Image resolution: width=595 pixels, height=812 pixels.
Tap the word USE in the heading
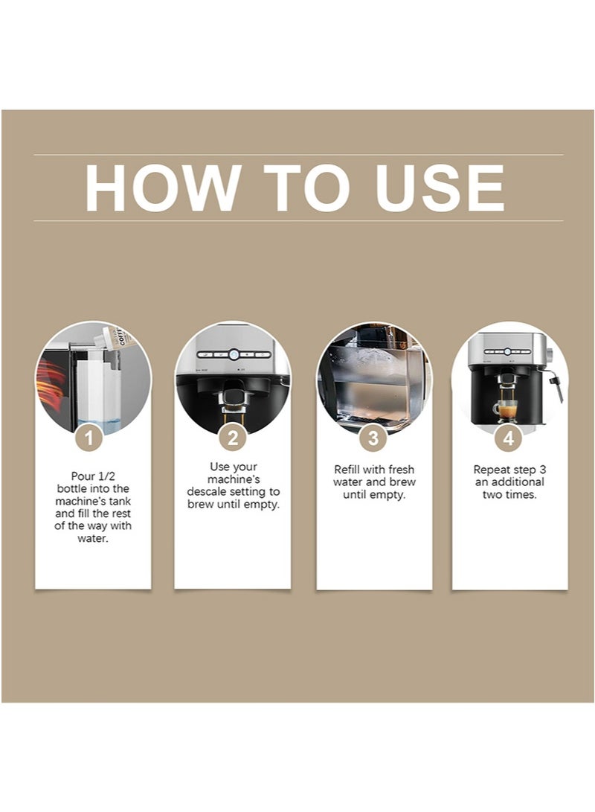[x=440, y=188]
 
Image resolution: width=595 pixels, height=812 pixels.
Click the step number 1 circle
[x=89, y=438]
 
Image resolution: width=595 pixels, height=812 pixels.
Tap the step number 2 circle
[x=232, y=438]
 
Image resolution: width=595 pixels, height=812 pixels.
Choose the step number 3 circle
[x=373, y=438]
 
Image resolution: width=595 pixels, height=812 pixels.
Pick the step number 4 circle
[x=509, y=438]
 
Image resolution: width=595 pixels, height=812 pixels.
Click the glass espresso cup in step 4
[x=506, y=411]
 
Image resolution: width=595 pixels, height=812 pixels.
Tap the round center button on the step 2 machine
[x=234, y=355]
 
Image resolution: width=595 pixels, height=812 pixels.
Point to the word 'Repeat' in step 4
[x=490, y=470]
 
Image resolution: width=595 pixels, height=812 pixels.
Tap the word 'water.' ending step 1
[x=93, y=539]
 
